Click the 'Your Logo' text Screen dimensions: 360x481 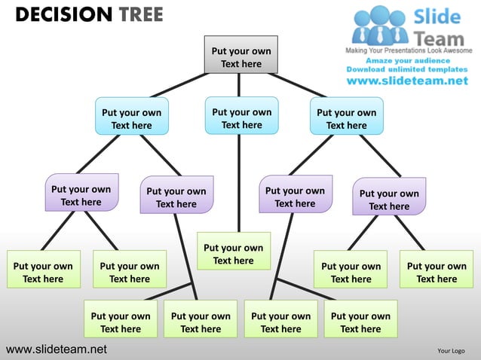point(451,350)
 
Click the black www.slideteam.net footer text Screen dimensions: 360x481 point(57,349)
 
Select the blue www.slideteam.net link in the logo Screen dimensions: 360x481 point(407,81)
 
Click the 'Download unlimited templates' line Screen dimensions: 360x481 point(407,69)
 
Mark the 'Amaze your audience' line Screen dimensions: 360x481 point(408,60)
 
